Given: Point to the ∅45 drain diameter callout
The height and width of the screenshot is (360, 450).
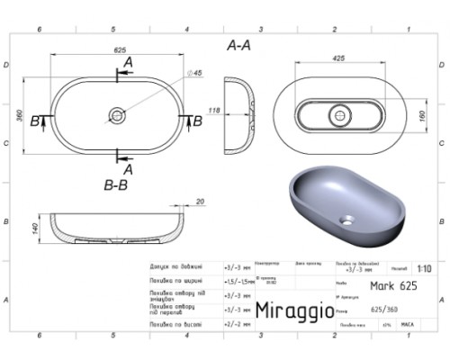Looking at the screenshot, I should pos(195,73).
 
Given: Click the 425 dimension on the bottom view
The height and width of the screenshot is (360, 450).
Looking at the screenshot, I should pos(338,58).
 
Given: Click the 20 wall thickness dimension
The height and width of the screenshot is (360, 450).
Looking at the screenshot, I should pos(200,202).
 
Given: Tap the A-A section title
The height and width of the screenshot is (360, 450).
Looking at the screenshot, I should pos(239,44).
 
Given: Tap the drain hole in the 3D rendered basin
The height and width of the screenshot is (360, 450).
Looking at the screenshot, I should pos(346,219).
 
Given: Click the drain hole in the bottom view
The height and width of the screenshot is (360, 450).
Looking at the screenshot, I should pos(339,114).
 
